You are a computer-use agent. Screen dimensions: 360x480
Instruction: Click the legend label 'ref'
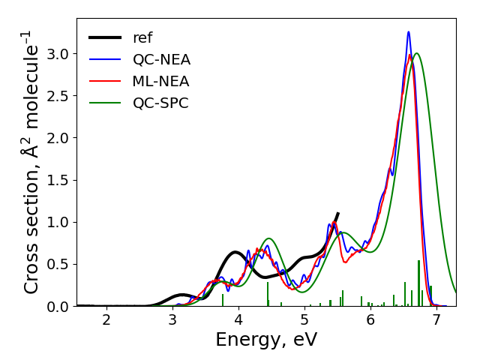click(x=142, y=37)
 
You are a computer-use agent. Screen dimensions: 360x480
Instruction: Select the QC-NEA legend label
click(x=161, y=59)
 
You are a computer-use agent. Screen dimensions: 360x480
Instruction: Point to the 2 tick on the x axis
click(x=106, y=320)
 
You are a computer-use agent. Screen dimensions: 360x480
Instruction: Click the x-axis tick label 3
click(x=172, y=320)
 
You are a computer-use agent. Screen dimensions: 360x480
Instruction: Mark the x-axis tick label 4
click(x=238, y=320)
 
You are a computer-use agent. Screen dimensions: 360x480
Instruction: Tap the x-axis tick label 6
click(x=371, y=320)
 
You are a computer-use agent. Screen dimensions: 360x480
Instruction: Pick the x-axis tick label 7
click(x=437, y=320)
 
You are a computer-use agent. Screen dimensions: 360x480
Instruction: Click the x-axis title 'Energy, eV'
click(x=266, y=340)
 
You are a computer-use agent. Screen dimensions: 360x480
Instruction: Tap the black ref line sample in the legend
click(x=105, y=37)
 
